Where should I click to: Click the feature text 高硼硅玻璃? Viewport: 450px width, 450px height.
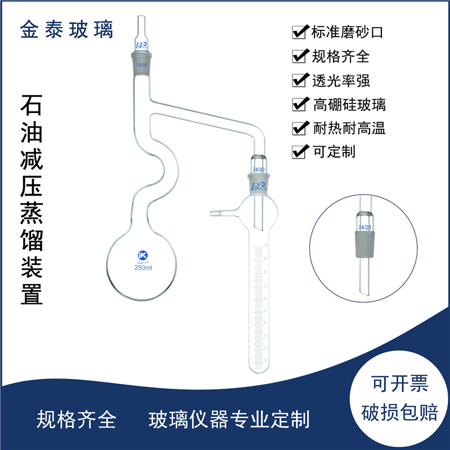coord(349,104)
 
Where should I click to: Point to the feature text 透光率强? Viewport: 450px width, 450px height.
coord(341,80)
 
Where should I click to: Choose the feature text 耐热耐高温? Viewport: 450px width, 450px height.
coord(349,128)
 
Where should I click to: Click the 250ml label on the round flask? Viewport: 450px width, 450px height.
coord(143,268)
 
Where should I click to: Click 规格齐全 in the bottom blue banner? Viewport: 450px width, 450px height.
coord(76,419)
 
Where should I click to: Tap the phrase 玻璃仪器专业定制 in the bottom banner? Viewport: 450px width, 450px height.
coord(229,419)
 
